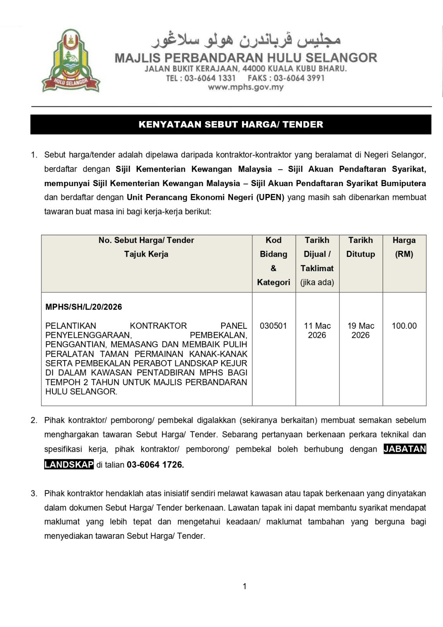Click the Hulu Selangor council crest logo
click(x=71, y=61)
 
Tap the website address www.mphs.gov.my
click(x=246, y=87)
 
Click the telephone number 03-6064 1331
click(x=210, y=78)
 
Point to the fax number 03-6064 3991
click(x=299, y=78)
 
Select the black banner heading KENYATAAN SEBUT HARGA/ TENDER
click(x=231, y=125)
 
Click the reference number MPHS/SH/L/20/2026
click(x=84, y=307)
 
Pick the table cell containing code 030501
click(x=273, y=326)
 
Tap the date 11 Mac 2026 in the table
click(x=317, y=330)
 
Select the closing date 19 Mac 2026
click(x=361, y=330)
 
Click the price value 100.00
click(x=404, y=326)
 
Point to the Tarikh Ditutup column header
click(x=361, y=247)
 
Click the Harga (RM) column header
click(x=404, y=247)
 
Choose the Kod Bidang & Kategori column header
click(x=273, y=261)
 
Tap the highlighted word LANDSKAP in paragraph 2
click(x=69, y=465)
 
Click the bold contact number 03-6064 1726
click(x=155, y=465)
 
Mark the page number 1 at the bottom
click(x=245, y=586)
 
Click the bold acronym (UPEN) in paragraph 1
click(x=270, y=197)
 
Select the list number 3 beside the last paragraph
click(x=34, y=493)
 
